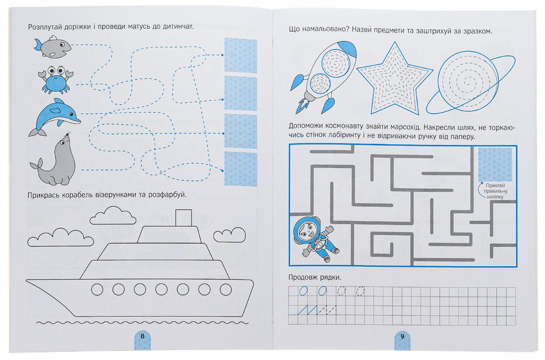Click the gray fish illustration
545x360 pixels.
pos(53,46)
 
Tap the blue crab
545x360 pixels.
pos(56,79)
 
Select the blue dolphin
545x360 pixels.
pos(54,117)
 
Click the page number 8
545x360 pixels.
pos(142,337)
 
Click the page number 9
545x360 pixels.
pos(403,337)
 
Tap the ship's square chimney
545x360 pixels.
pos(184,218)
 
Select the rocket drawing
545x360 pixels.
pos(323,77)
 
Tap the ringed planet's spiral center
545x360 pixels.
pos(468,83)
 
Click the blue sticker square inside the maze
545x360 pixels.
pos(495,164)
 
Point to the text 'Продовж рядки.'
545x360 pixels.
pos(315,278)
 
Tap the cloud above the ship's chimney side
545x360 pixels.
pos(113,215)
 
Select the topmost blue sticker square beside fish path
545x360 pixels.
pos(240,55)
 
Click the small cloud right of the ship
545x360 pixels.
pos(229,235)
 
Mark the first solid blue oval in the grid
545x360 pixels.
pos(304,291)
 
